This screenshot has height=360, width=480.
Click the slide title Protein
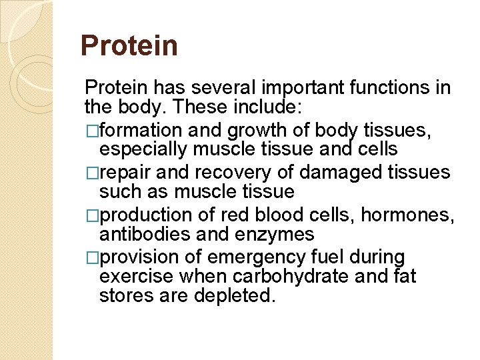coord(129,46)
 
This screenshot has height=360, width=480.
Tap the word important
coord(301,88)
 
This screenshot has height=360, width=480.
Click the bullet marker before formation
coord(91,130)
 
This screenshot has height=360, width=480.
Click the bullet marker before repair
coord(91,172)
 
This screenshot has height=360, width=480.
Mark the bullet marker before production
coord(91,215)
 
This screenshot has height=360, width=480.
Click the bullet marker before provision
coord(91,257)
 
